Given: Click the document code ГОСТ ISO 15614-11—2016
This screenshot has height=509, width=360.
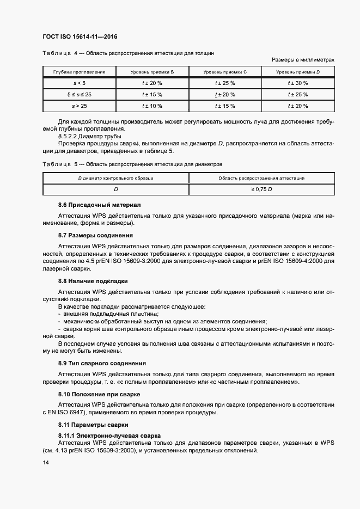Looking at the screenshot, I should coord(80,36).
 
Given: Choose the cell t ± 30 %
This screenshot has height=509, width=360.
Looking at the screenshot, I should coord(298,83).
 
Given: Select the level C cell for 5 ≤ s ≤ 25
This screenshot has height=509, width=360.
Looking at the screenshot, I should coord(225,95).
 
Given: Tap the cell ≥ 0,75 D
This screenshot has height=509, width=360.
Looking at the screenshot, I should coord(261,189).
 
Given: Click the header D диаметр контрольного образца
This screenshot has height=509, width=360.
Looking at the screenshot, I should coord(115,178).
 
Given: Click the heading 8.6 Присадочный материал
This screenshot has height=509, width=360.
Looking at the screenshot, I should coord(99,205).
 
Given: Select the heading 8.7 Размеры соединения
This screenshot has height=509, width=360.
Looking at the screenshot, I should coord(95,235).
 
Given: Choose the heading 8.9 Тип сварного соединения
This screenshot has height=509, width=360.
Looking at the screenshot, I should coord(102,363).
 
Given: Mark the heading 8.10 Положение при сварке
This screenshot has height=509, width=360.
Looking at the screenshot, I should coord(99,394).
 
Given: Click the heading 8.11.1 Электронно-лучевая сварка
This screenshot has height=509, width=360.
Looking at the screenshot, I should coord(109,436).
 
